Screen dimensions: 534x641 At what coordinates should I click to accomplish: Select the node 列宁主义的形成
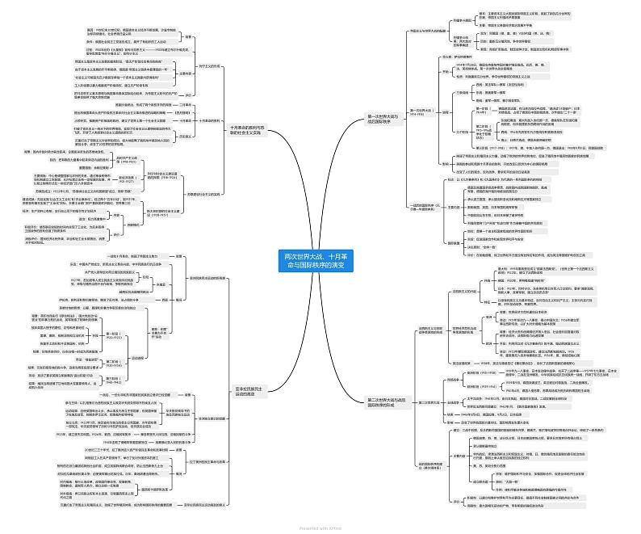209,66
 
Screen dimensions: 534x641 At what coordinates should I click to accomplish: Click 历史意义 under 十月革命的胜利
185,137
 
